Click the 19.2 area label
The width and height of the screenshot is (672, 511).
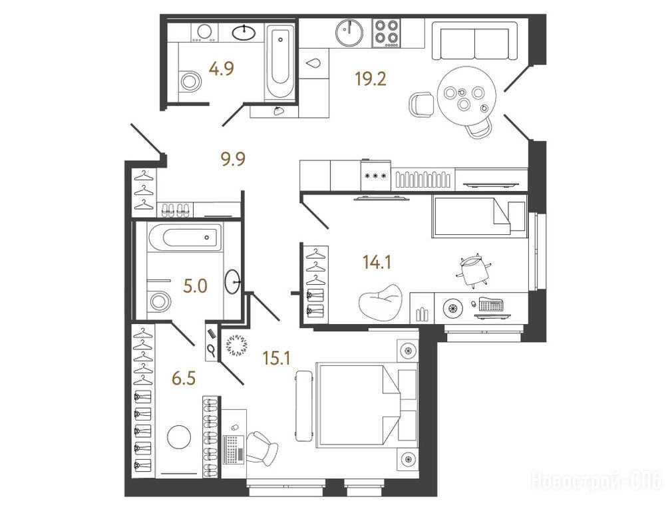point(371,79)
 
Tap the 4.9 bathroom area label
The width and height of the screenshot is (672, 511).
point(221,69)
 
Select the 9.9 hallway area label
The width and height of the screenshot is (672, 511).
point(233,160)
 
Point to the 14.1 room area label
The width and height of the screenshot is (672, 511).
point(377,261)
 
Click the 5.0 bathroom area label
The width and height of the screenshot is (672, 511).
point(196,286)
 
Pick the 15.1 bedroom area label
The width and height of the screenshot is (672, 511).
point(277,357)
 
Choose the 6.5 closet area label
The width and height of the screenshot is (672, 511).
point(184,379)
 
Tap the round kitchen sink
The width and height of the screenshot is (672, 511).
point(349,32)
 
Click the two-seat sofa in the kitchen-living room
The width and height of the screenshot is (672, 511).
point(475,41)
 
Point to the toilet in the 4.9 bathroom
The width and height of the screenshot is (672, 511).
point(189,81)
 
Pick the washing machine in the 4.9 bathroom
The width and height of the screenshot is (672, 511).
point(205,33)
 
